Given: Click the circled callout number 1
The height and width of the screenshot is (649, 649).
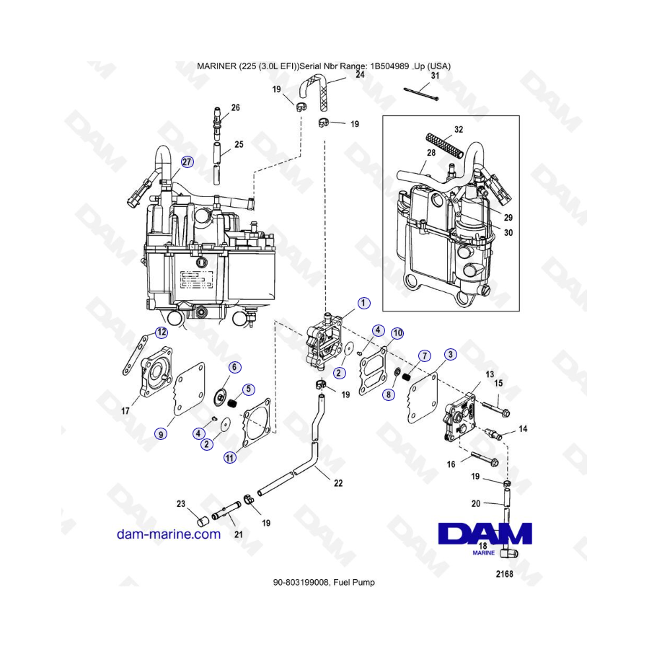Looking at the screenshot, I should tap(364, 302).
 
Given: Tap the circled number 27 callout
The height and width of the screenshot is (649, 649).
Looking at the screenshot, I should tap(187, 162).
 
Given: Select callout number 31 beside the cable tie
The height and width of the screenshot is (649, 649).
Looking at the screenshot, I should tap(436, 76).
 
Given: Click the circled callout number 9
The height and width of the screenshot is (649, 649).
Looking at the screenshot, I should tap(161, 433).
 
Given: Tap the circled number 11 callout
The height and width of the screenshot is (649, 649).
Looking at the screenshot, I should tap(229, 456).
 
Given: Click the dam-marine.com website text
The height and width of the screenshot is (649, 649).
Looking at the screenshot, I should tap(169, 534).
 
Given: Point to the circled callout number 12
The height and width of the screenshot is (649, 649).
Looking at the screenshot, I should tap(162, 332).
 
